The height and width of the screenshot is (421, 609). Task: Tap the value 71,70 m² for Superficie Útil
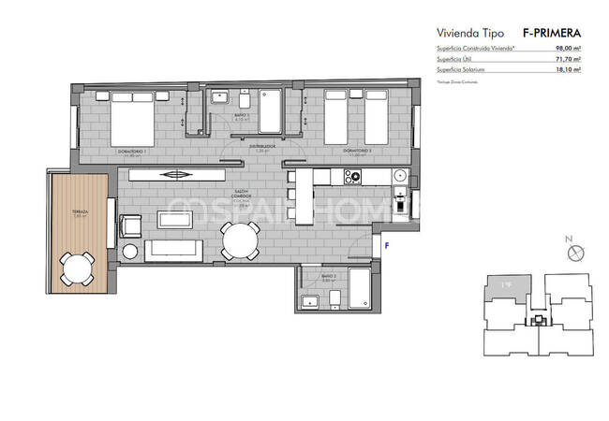pos(567,59)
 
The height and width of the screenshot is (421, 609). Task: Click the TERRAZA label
pos(79,212)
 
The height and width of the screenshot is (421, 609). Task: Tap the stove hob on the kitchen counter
pos(356,176)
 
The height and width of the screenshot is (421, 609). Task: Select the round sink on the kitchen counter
pos(400,175)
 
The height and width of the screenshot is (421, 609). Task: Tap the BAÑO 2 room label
pos(327,277)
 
